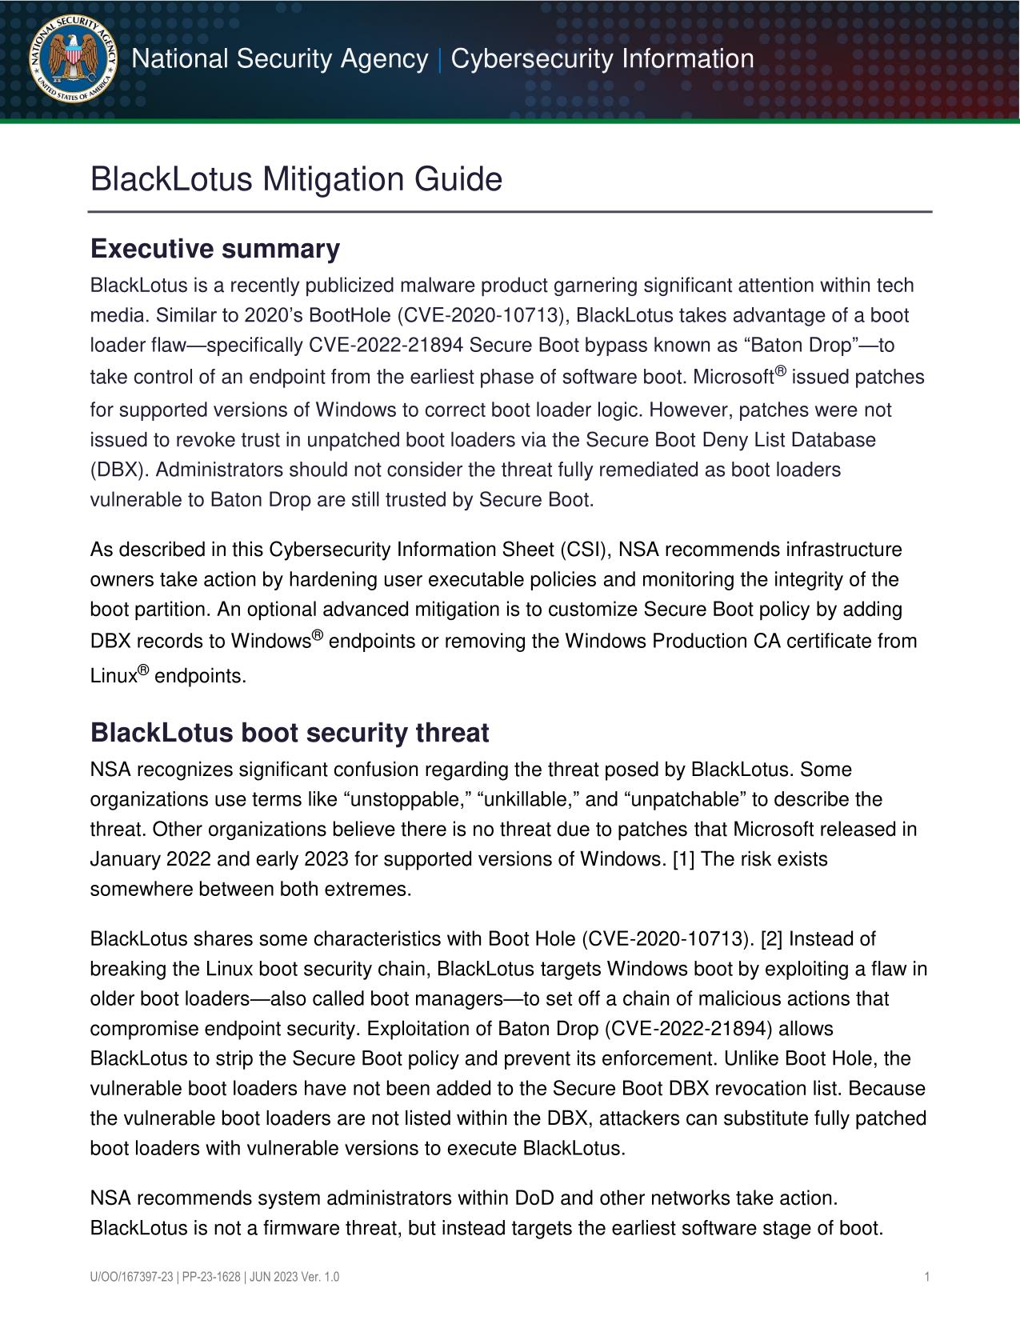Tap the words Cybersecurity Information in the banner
(602, 59)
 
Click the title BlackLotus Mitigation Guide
(296, 179)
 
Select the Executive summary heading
(215, 250)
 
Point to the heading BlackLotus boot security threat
(290, 733)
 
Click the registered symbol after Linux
(143, 671)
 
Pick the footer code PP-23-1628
(210, 1278)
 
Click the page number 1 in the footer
(926, 1278)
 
